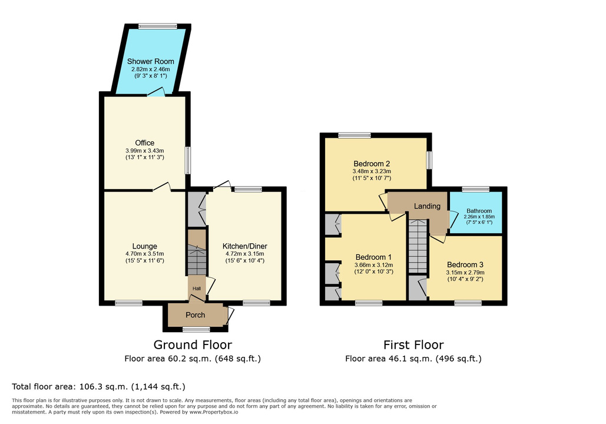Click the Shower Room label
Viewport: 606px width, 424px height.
pyautogui.click(x=150, y=61)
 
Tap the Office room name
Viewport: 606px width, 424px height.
pyautogui.click(x=144, y=143)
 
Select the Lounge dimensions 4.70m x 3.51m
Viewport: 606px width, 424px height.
pyautogui.click(x=144, y=254)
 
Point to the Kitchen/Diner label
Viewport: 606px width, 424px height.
pyautogui.click(x=244, y=246)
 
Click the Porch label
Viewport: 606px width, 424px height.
pyautogui.click(x=195, y=315)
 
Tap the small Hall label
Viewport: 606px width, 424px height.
pyautogui.click(x=197, y=289)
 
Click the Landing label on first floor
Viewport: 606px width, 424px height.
pyautogui.click(x=427, y=206)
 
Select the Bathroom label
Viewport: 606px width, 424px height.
pyautogui.click(x=479, y=211)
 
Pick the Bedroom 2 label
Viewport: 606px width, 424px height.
pyautogui.click(x=372, y=164)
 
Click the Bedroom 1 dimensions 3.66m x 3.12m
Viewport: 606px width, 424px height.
pyautogui.click(x=373, y=265)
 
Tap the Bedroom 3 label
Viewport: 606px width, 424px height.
pyautogui.click(x=465, y=265)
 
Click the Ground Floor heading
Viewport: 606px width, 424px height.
pyautogui.click(x=193, y=344)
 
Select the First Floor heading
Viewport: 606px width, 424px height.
pyautogui.click(x=413, y=344)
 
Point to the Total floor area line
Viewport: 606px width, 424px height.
pyautogui.click(x=98, y=386)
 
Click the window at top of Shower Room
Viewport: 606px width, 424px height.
pyautogui.click(x=158, y=26)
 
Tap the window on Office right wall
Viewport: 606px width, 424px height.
pyautogui.click(x=188, y=160)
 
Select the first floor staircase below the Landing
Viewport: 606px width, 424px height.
pyautogui.click(x=418, y=246)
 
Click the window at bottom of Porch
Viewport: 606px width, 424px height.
pyautogui.click(x=196, y=329)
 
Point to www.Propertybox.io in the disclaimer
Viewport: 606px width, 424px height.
pyautogui.click(x=213, y=412)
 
